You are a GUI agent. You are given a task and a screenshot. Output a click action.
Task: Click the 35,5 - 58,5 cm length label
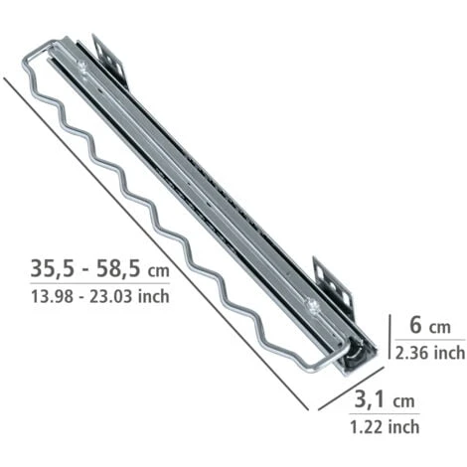click(99, 268)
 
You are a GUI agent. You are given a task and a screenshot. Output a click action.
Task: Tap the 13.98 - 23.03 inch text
click(100, 296)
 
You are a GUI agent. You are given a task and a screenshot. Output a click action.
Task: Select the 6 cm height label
click(430, 325)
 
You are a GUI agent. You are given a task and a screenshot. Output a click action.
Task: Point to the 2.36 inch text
click(430, 353)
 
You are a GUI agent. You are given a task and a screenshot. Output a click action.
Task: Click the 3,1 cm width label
click(385, 399)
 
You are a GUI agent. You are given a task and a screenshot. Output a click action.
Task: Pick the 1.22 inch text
click(385, 426)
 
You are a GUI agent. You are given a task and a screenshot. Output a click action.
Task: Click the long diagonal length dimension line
click(156, 244)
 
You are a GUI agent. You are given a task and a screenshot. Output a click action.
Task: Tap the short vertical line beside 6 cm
click(389, 337)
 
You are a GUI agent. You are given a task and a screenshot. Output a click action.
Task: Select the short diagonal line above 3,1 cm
click(351, 389)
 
